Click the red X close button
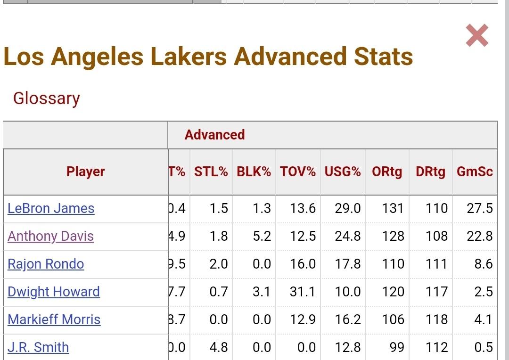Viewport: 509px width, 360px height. pos(477,36)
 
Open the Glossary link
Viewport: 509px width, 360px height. pos(46,98)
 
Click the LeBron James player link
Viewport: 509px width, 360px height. pos(51,208)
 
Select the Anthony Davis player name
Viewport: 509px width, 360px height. pos(50,236)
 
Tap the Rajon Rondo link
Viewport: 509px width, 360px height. pos(46,264)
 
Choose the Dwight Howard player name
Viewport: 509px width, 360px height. pos(54,292)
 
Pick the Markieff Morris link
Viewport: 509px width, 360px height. pos(54,319)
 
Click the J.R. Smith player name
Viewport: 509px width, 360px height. pos(38,347)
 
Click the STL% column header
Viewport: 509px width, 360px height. pos(211,172)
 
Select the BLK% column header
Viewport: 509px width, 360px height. pos(254,172)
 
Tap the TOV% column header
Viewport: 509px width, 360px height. pos(298,172)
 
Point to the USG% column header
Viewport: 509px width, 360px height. pos(343,172)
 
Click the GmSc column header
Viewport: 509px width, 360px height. pos(475,172)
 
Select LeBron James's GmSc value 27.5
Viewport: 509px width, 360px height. pos(480,208)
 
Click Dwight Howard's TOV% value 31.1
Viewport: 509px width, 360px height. pos(303,292)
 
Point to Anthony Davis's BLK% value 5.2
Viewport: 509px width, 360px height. pos(262,236)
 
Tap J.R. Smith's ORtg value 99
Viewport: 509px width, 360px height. pos(397,347)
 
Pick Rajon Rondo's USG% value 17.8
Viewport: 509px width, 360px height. pos(348,264)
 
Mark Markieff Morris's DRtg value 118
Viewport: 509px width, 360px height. pos(436,319)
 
